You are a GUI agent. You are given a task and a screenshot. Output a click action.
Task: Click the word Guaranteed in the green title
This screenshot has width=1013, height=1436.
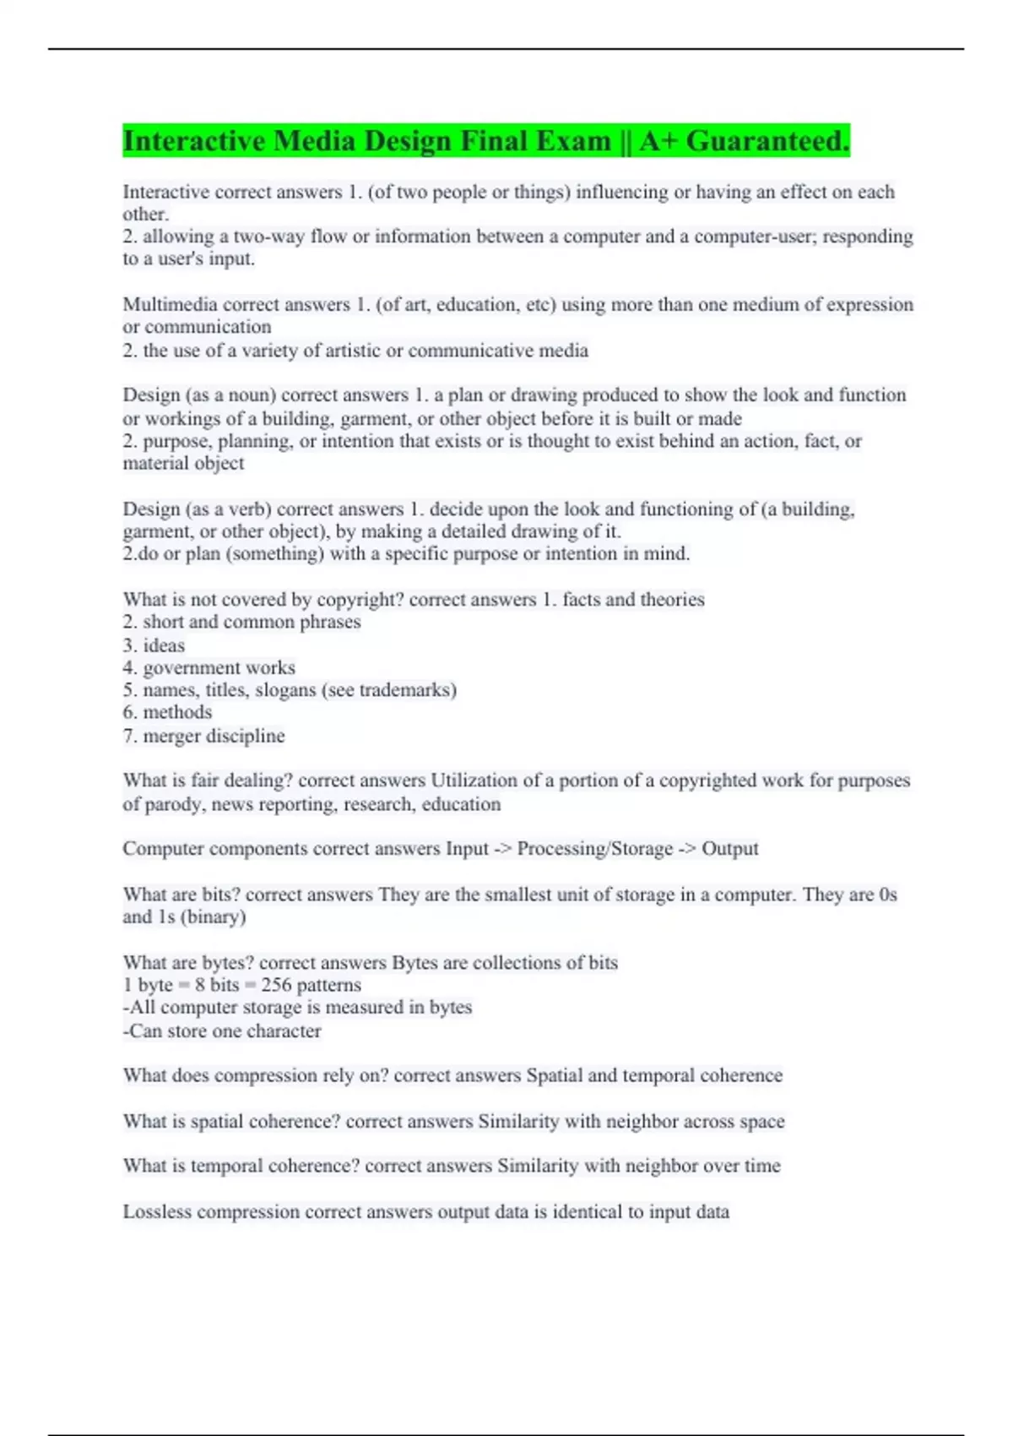[767, 141]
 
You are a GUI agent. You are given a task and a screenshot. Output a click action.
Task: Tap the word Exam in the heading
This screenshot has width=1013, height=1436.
[570, 141]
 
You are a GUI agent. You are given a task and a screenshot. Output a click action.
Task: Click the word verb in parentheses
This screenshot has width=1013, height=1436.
[246, 509]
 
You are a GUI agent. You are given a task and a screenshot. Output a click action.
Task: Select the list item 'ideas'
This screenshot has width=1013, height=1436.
[164, 645]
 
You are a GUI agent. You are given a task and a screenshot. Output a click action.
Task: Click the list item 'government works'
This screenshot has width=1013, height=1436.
[219, 667]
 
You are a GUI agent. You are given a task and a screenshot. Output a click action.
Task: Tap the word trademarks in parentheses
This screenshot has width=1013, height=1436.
[408, 690]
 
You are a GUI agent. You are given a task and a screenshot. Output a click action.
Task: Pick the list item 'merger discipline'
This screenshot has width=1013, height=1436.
[214, 736]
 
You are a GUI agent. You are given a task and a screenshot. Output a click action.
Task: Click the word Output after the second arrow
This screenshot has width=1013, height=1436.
[730, 849]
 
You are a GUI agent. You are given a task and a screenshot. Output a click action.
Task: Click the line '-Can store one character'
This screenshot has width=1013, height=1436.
[222, 1031]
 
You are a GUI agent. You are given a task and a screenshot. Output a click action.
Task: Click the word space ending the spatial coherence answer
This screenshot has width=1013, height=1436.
[762, 1122]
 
